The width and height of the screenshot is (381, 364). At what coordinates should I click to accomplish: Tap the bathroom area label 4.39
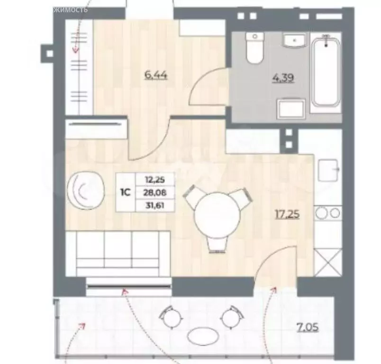click(283, 76)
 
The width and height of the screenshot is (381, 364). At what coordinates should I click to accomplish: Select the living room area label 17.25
click(288, 214)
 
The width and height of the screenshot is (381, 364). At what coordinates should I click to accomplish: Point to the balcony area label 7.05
click(307, 327)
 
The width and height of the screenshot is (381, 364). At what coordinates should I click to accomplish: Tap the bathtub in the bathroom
click(325, 73)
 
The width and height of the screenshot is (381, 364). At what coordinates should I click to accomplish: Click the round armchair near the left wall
click(87, 190)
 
